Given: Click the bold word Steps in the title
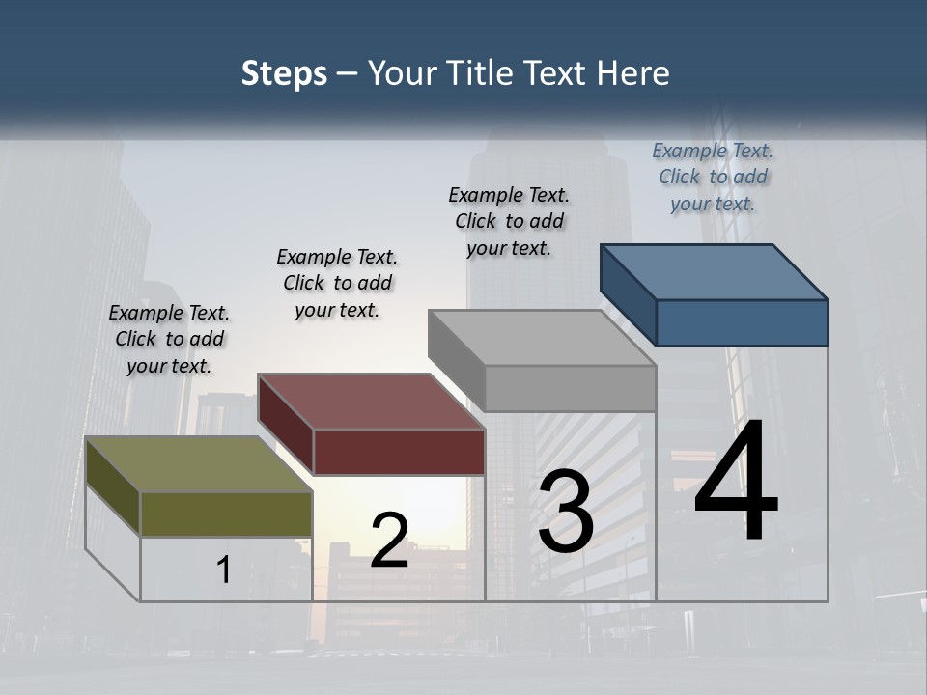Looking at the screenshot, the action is coord(284,73).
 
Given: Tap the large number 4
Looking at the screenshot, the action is coord(736,482).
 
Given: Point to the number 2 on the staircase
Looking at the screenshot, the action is coord(389,541).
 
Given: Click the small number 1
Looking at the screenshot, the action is coord(224,570).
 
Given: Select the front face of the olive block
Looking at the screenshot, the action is coord(226,514).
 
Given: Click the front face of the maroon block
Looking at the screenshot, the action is coord(399,451).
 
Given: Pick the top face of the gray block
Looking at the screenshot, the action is coord(541,338).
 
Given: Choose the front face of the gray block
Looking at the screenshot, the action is coord(570,389).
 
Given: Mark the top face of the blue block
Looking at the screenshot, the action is coord(714,271).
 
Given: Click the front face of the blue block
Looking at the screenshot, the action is coord(742,322).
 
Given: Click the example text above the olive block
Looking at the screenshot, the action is coord(169,339).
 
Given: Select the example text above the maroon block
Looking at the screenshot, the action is coord(337,283).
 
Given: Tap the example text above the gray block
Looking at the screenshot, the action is coord(509,221).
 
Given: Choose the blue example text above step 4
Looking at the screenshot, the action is coord(713,177).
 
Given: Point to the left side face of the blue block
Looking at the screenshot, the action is coord(628,293).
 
